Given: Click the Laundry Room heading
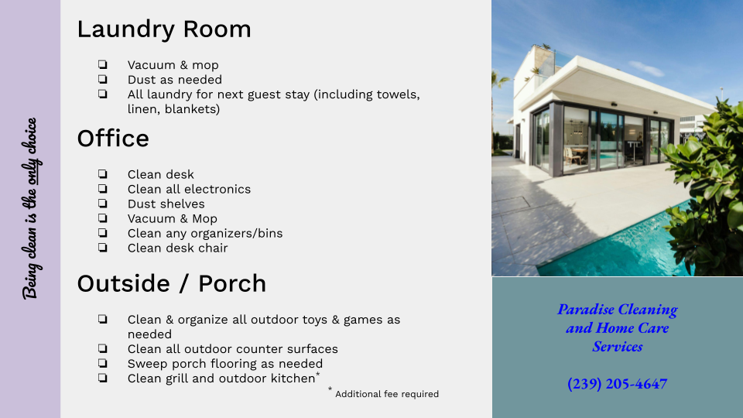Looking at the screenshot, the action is click(x=164, y=29).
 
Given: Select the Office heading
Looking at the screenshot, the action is click(x=113, y=139).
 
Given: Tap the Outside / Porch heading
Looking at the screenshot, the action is click(x=172, y=283).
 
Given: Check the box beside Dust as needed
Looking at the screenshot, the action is click(x=103, y=79).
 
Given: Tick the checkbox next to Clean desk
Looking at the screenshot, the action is click(x=103, y=174).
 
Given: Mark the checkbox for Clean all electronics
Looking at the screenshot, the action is click(x=103, y=189).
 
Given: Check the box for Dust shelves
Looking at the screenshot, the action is click(x=103, y=204).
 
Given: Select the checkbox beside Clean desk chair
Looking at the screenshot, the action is click(x=103, y=248).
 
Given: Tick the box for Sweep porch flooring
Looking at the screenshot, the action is click(x=103, y=363).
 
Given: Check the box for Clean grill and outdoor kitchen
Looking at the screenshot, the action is click(x=103, y=378).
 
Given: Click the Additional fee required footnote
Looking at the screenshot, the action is click(x=387, y=394).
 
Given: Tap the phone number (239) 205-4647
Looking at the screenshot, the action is click(x=618, y=383).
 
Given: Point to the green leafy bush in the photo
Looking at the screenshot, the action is click(x=706, y=190).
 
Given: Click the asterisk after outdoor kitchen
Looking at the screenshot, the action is click(x=318, y=375).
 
